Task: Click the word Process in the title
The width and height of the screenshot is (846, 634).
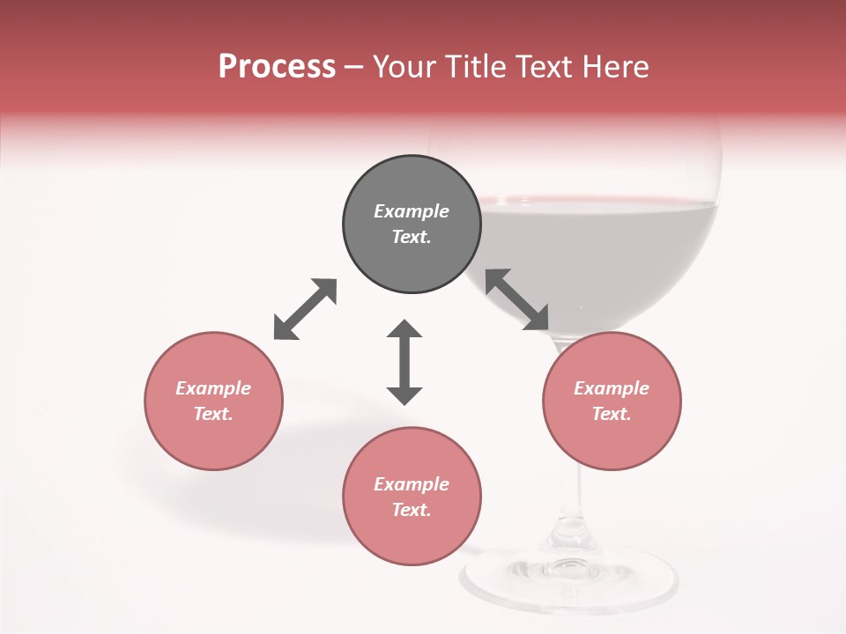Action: click(277, 66)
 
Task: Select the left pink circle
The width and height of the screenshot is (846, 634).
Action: click(213, 431)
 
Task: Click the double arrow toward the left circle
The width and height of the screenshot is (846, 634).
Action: click(305, 309)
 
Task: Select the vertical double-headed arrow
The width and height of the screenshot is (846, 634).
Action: click(404, 362)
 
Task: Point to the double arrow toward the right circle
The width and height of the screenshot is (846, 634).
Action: click(517, 299)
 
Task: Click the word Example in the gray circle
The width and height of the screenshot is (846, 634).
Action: click(412, 211)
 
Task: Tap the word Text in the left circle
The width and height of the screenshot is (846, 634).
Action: click(213, 414)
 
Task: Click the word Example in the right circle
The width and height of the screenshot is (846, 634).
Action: click(612, 388)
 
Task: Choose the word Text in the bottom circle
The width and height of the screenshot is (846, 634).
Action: click(412, 510)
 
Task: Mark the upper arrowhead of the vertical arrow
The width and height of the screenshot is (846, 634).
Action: click(404, 329)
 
